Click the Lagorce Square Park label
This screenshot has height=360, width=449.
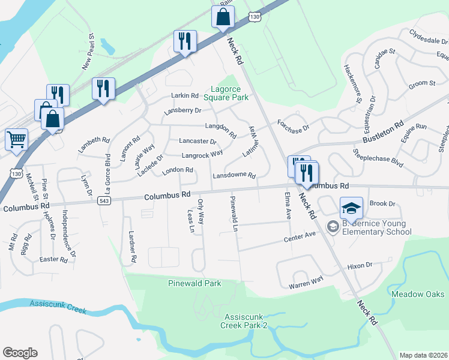[x=226, y=92]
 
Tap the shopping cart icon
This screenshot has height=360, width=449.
[x=16, y=140]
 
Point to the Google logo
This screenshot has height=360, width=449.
[x=20, y=353]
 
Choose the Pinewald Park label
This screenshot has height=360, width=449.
[x=194, y=283]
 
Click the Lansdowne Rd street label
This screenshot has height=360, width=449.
[x=234, y=176]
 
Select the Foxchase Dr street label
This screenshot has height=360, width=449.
[x=293, y=128]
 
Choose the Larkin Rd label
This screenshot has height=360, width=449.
[x=185, y=95]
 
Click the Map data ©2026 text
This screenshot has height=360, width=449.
[x=423, y=355]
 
